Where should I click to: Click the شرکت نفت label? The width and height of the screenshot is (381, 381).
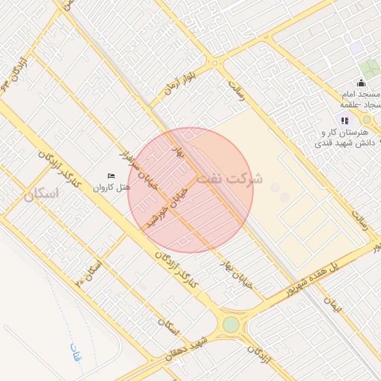pyautogui.click(x=237, y=179)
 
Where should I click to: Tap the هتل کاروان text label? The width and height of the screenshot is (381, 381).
pyautogui.click(x=112, y=188)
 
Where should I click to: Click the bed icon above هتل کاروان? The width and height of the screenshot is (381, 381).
pyautogui.click(x=112, y=176)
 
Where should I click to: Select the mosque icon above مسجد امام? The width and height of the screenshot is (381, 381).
pyautogui.click(x=361, y=83)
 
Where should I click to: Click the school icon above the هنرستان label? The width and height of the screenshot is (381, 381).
pyautogui.click(x=344, y=120)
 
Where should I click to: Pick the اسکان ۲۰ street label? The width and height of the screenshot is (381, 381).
pyautogui.click(x=89, y=272)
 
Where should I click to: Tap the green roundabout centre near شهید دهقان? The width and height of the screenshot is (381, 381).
pyautogui.click(x=231, y=325)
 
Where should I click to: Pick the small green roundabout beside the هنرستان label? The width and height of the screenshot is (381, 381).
pyautogui.click(x=366, y=119)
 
